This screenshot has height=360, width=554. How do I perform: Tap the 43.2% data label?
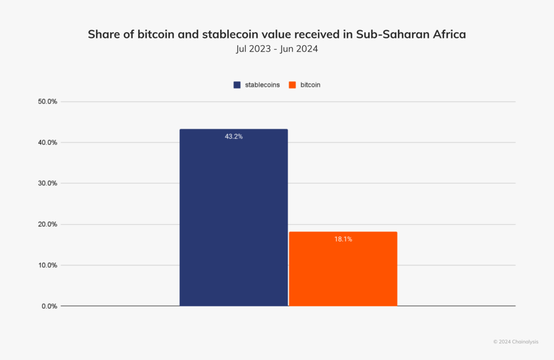pos(234,137)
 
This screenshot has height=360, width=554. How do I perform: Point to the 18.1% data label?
pos(343,239)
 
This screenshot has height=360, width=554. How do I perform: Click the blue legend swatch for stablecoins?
pos(237,85)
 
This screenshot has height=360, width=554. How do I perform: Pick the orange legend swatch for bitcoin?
pos(292,85)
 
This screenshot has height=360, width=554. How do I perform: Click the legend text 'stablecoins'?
pos(262,85)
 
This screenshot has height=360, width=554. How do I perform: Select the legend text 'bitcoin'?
pos(310,85)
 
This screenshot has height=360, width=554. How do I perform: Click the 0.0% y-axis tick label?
pos(48,306)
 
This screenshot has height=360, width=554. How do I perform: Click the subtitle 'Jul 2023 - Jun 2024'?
pos(277,49)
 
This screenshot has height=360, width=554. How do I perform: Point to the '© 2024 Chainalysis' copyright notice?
pos(515,342)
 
